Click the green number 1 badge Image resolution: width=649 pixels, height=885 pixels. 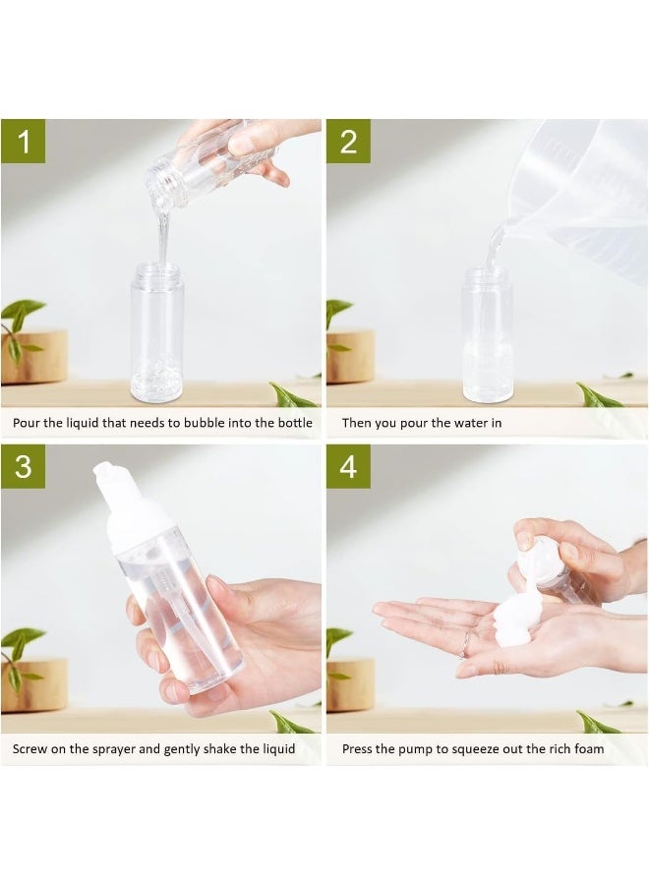coord(24,141)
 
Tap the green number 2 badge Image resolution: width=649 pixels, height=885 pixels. coord(348,141)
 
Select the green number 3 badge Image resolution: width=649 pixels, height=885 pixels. coord(24,466)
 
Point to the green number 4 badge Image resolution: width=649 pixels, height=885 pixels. coord(348,466)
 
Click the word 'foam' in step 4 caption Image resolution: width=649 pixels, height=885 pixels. coord(589,748)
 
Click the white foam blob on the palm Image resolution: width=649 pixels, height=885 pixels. coord(516,620)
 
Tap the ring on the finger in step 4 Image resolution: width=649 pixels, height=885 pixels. coord(464,643)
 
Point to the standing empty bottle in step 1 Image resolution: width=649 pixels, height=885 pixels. coord(157,332)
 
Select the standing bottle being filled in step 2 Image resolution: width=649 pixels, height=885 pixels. coord(488,335)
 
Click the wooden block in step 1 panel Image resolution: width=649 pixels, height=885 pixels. coord(34,357)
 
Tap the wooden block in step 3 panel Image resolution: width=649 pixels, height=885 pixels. coord(34,684)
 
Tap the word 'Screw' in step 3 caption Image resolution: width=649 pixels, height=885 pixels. coord(29,749)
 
